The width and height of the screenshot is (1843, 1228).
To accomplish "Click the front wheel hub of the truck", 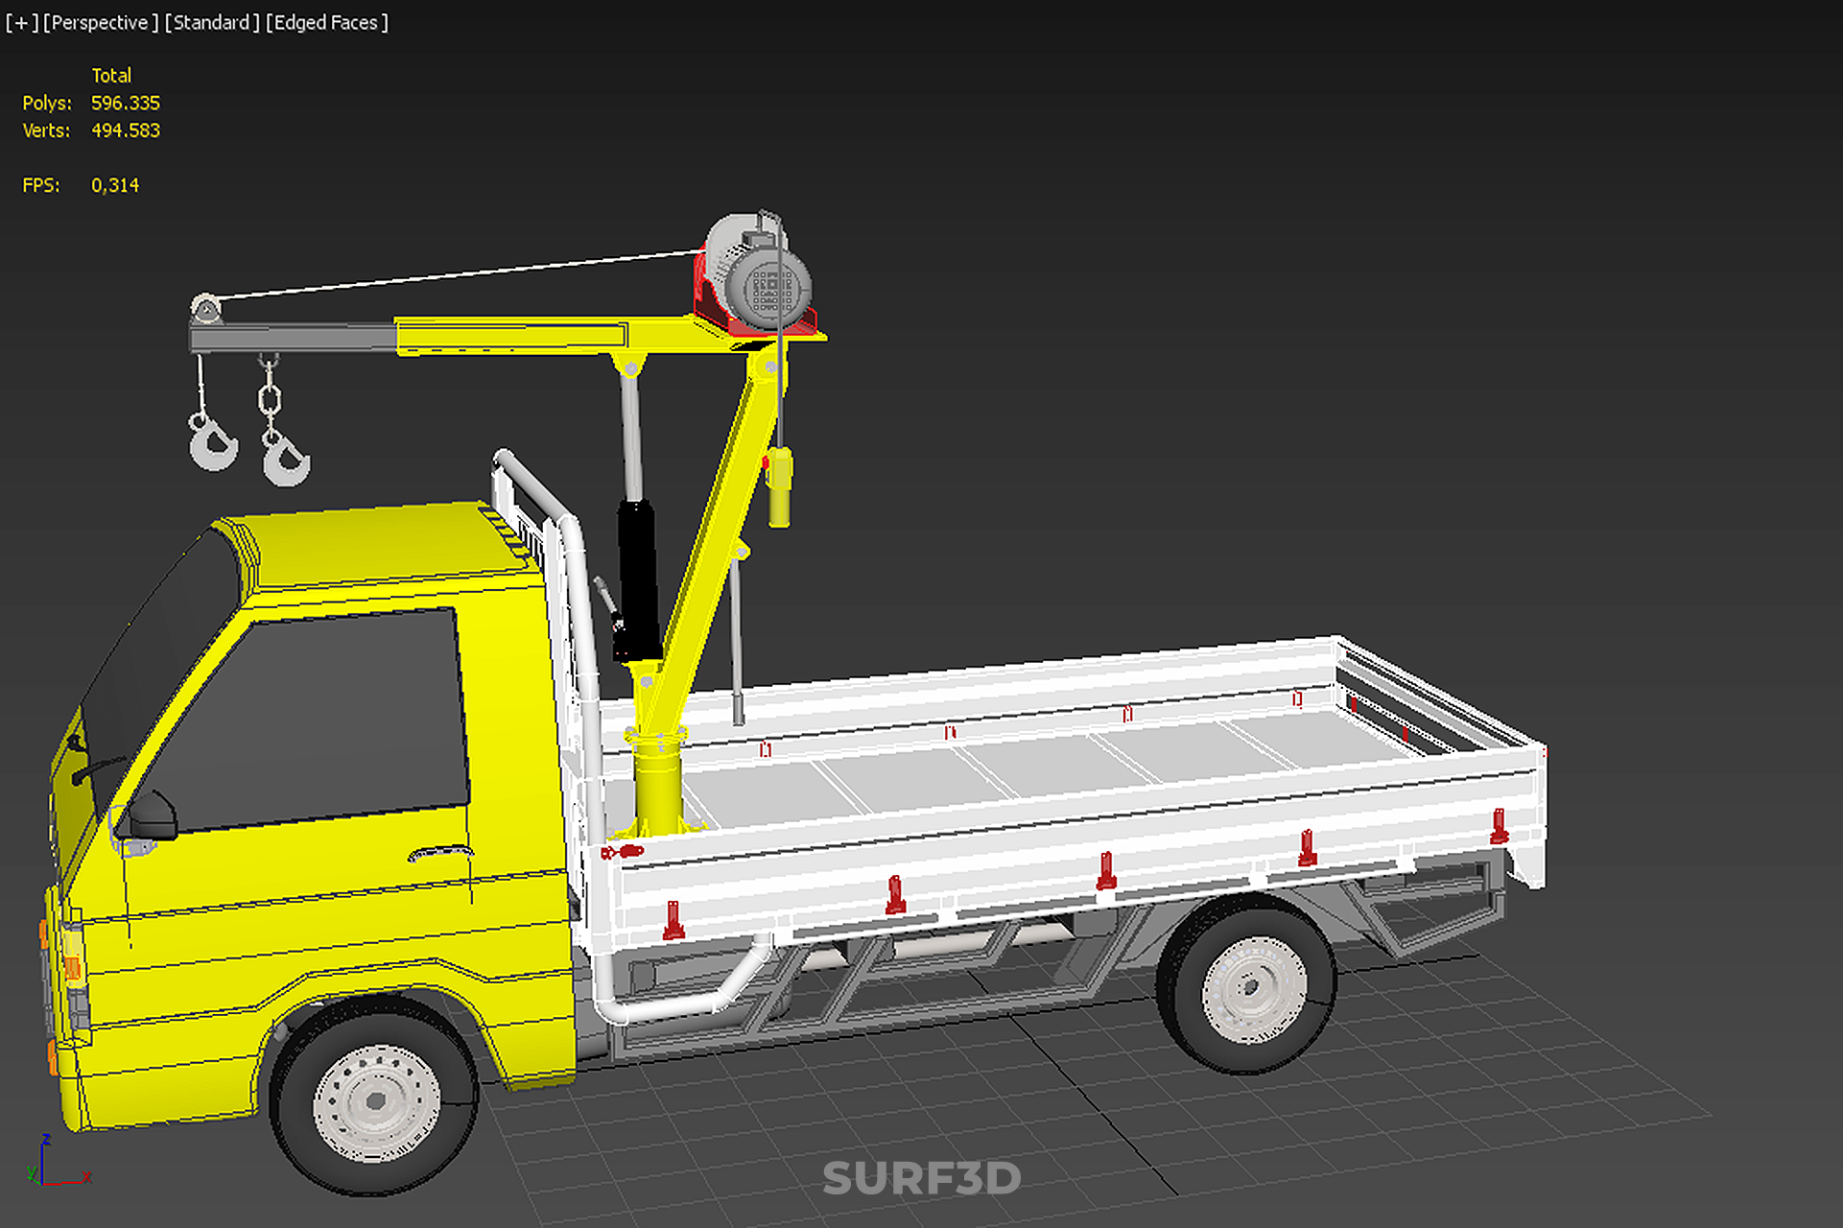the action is (x=377, y=1102).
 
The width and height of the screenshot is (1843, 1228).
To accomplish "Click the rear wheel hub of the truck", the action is (x=1254, y=989).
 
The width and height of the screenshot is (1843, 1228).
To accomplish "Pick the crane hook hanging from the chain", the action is (x=285, y=458).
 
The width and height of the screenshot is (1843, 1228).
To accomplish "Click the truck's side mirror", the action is (x=152, y=815).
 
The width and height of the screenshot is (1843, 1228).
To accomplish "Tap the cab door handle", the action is (x=440, y=852).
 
